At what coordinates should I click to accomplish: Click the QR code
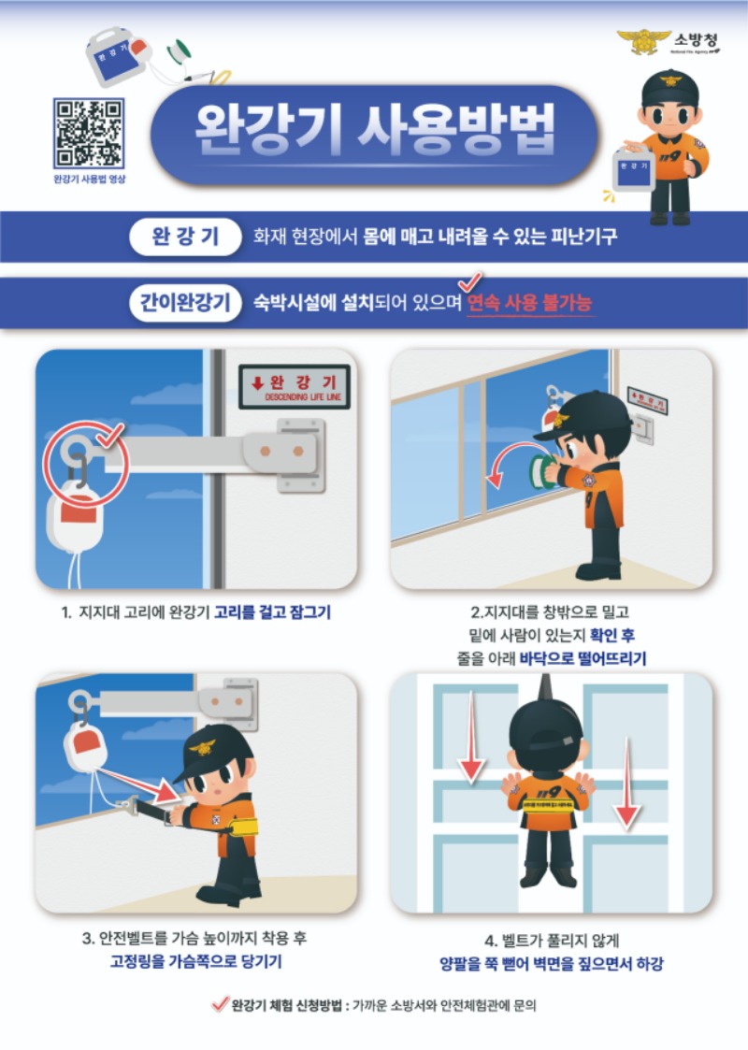(x=89, y=132)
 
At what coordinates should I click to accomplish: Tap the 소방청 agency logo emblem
(x=644, y=41)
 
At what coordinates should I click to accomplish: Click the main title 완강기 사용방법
(x=374, y=127)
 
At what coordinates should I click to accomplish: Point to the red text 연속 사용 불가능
(x=530, y=304)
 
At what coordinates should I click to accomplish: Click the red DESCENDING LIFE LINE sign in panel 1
(x=294, y=386)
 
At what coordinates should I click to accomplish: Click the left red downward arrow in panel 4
(x=472, y=739)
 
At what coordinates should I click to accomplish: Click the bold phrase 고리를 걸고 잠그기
(x=272, y=613)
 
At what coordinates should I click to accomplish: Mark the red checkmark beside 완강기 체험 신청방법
(x=219, y=1005)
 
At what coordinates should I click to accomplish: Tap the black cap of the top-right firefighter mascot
(x=669, y=86)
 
